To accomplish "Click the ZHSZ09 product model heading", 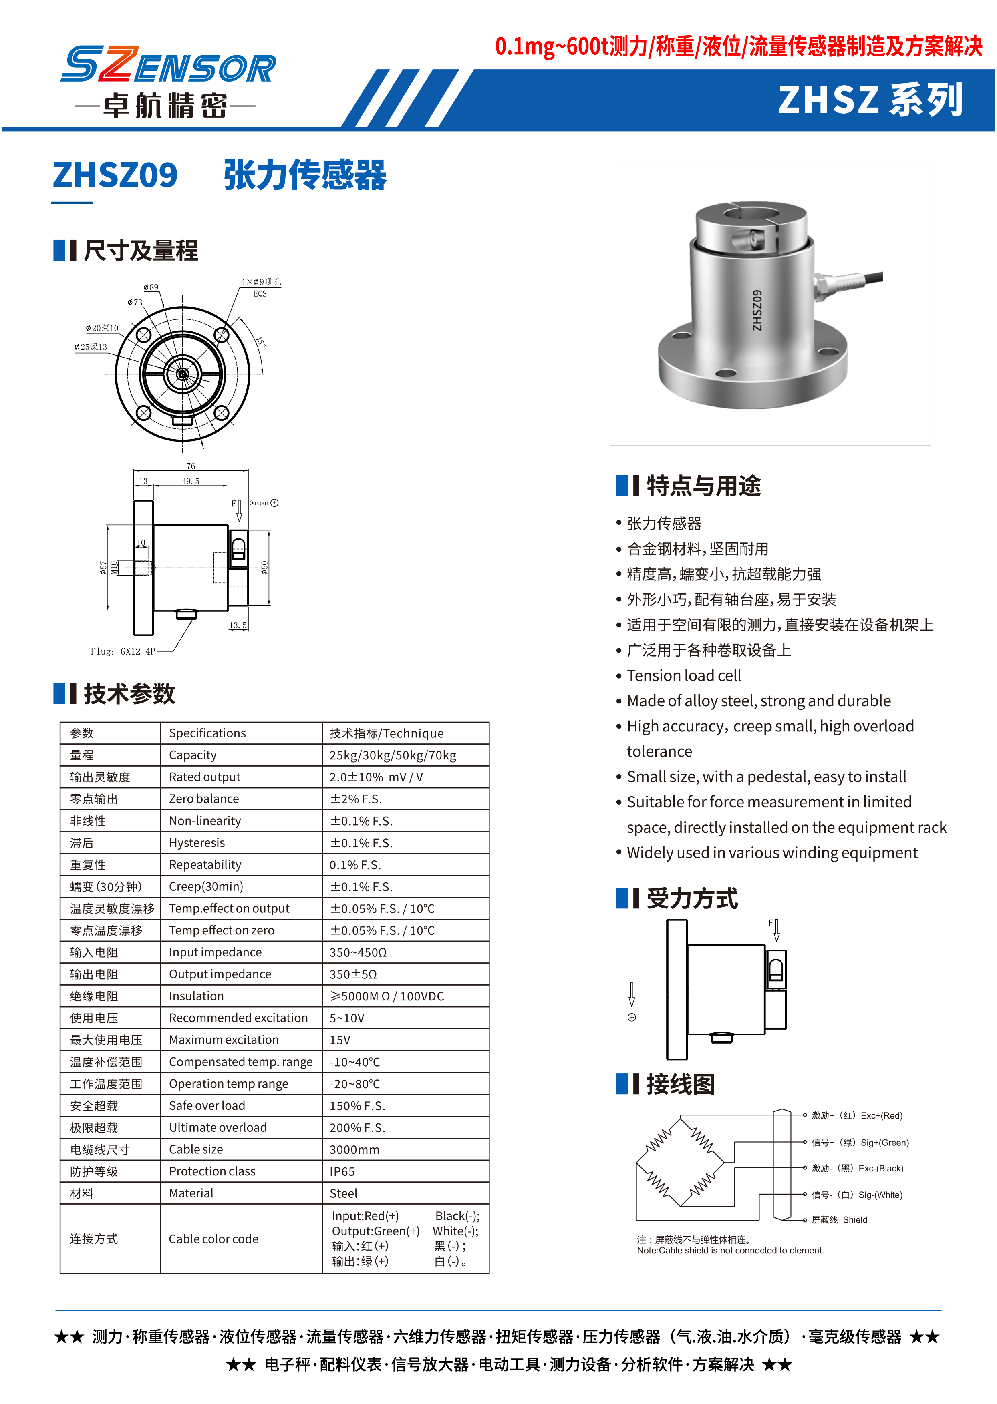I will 115,175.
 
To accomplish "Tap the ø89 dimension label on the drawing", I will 150,287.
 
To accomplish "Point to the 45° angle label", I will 261,341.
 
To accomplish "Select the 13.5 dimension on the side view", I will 238,625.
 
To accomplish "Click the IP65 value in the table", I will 342,1171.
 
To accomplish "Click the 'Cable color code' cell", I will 213,1239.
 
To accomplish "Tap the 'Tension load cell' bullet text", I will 683,676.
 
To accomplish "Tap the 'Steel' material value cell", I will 343,1193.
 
